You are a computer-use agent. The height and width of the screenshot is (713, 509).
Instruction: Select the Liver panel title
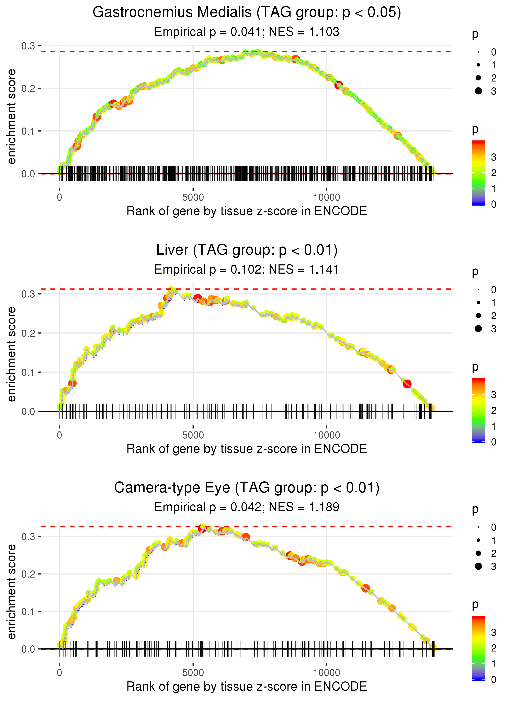click(x=247, y=250)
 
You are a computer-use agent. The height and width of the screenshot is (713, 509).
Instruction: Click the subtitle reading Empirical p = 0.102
click(x=247, y=270)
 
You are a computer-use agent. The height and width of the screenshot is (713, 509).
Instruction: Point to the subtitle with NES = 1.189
click(x=247, y=507)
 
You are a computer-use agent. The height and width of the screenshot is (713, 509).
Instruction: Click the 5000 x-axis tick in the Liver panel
click(x=193, y=435)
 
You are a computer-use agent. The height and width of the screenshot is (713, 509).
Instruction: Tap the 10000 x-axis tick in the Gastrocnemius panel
click(x=327, y=198)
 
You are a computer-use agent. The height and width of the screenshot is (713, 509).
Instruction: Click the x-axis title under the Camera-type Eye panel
click(x=247, y=686)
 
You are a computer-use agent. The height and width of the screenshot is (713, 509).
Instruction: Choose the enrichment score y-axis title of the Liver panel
click(x=12, y=354)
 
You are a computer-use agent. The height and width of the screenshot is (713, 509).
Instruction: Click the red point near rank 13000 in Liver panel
click(x=407, y=384)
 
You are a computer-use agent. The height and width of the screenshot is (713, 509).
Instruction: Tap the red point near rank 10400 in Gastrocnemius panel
click(x=339, y=85)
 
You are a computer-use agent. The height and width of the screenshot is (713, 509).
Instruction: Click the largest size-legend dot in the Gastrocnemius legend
click(x=478, y=91)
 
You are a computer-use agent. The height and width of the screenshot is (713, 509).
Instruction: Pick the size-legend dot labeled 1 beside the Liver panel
click(x=478, y=303)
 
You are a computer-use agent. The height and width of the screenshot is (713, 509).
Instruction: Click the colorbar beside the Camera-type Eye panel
click(x=478, y=647)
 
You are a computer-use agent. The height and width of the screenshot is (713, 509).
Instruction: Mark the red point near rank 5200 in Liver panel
click(x=197, y=298)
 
